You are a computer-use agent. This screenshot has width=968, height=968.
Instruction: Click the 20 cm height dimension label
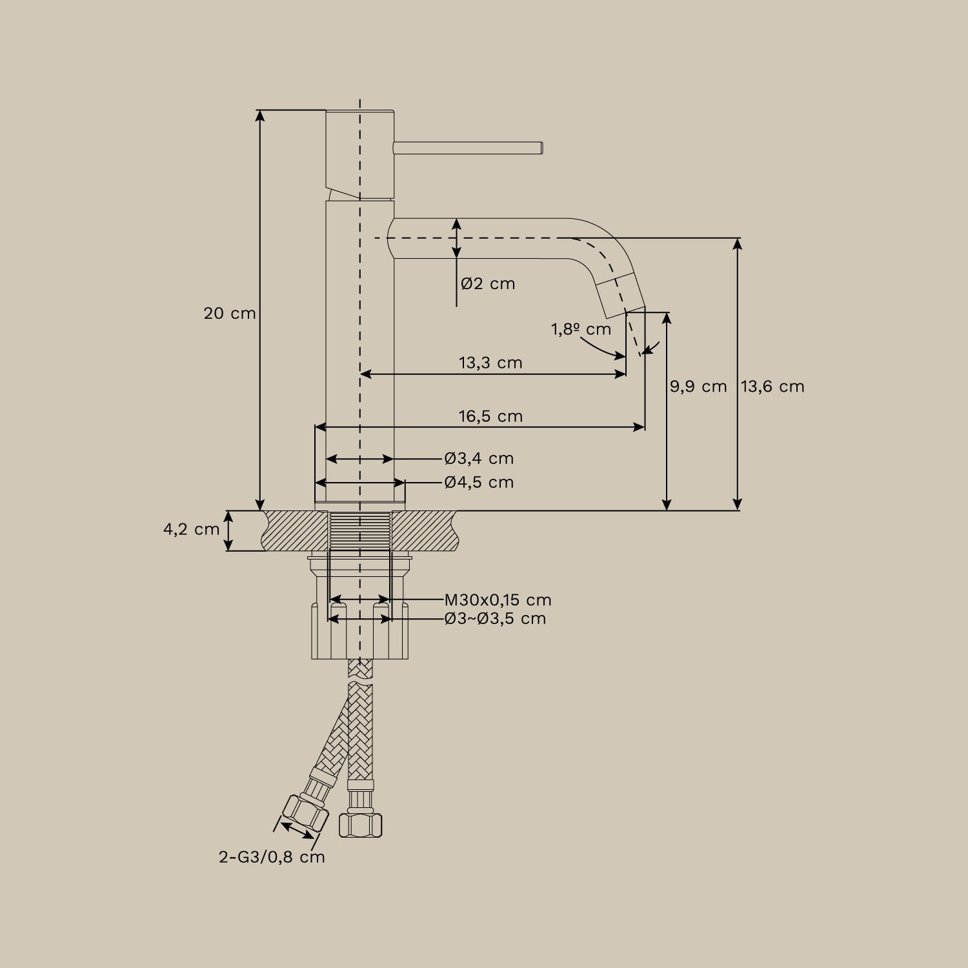pyautogui.click(x=230, y=314)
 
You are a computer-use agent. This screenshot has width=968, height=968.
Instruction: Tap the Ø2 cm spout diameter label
pyautogui.click(x=488, y=283)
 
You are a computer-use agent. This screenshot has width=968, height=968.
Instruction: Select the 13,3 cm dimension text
pyautogui.click(x=490, y=363)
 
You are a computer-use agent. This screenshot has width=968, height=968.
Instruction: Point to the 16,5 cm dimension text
pyautogui.click(x=490, y=416)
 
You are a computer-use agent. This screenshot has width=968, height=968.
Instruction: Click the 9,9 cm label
pyautogui.click(x=698, y=387)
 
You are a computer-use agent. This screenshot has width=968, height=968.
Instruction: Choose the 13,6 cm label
pyautogui.click(x=772, y=387)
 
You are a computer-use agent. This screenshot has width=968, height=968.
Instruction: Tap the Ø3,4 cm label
pyautogui.click(x=479, y=458)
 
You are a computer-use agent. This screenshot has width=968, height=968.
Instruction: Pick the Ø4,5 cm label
pyautogui.click(x=479, y=482)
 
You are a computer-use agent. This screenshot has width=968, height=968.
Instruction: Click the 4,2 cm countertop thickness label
pyautogui.click(x=191, y=530)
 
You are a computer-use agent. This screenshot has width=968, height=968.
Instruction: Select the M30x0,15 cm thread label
pyautogui.click(x=498, y=600)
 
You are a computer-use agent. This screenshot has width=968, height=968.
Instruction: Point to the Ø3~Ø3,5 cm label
pyautogui.click(x=495, y=619)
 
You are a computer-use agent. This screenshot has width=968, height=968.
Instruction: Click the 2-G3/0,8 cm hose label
pyautogui.click(x=272, y=857)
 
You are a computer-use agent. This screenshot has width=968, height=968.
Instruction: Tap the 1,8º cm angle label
pyautogui.click(x=581, y=329)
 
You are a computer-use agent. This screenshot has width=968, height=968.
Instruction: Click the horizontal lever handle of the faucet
pyautogui.click(x=469, y=148)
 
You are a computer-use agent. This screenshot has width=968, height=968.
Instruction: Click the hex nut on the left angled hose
pyautogui.click(x=305, y=814)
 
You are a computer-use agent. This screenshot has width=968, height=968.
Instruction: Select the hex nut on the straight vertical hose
pyautogui.click(x=360, y=825)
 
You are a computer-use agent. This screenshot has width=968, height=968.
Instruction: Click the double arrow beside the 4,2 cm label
pyautogui.click(x=228, y=530)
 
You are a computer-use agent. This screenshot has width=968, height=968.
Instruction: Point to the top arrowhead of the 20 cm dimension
pyautogui.click(x=260, y=115)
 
